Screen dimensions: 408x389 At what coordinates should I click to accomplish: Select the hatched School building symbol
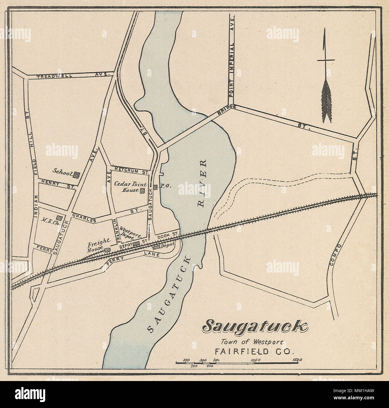pyautogui.click(x=77, y=174)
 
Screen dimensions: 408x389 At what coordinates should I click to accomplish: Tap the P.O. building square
pyautogui.click(x=155, y=187)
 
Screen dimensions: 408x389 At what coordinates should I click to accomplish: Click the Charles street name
pyautogui.click(x=83, y=218)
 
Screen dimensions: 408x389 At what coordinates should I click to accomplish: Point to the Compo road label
pyautogui.click(x=335, y=255)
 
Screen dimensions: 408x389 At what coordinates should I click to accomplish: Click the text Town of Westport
pyautogui.click(x=252, y=341)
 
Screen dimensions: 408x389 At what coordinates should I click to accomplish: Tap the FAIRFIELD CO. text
pyautogui.click(x=252, y=351)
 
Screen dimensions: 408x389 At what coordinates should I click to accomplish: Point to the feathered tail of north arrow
pyautogui.click(x=326, y=102)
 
